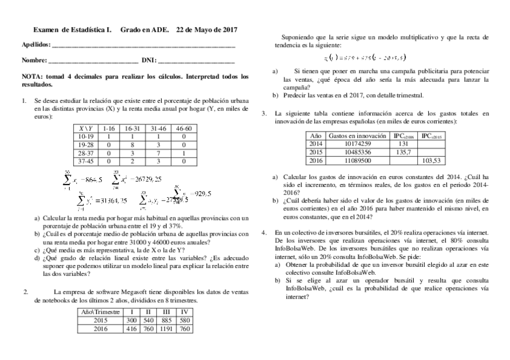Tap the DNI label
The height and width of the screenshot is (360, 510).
(x=147, y=61)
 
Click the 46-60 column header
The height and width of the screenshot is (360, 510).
(x=183, y=129)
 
